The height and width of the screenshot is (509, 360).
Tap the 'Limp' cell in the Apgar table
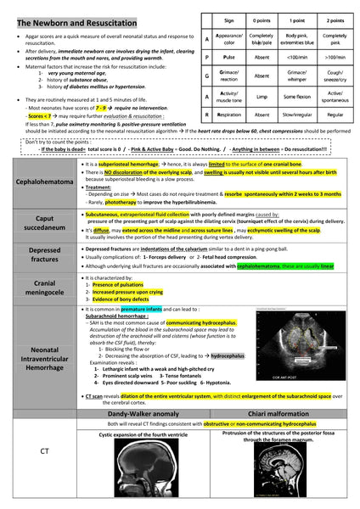pos(262,97)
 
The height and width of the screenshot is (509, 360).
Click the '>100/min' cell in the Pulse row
pos(335,59)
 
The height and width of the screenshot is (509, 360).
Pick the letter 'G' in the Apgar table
pos(208,77)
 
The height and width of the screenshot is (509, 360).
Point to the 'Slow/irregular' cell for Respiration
pos(297,115)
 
